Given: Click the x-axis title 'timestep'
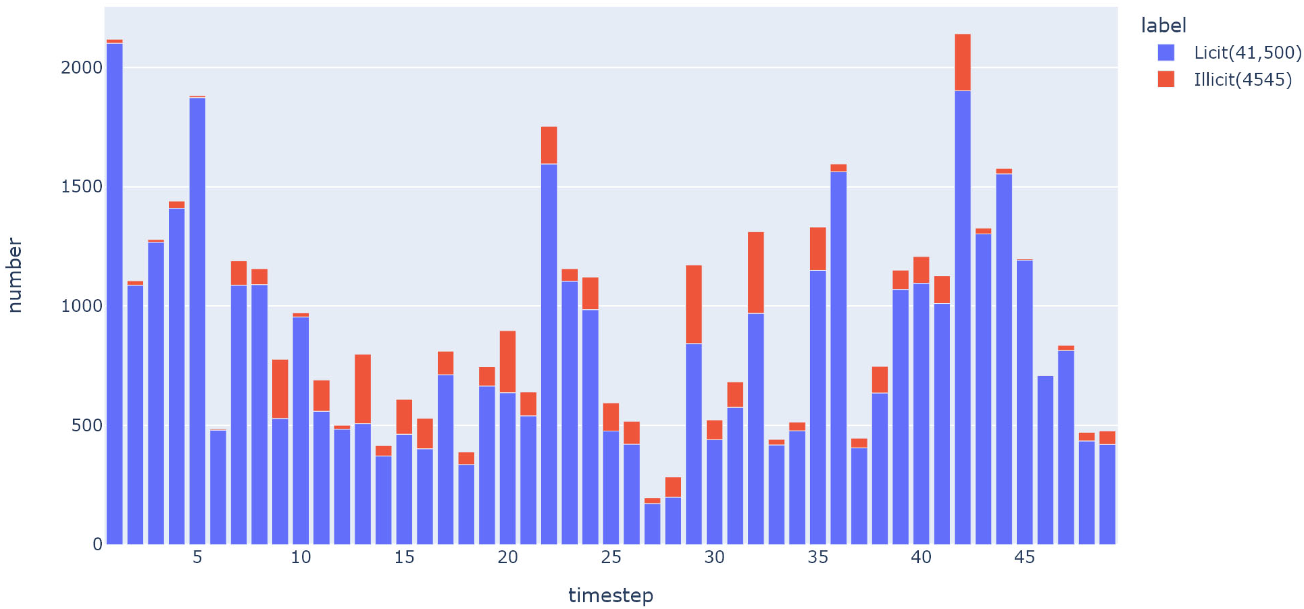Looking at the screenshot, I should pos(611,595).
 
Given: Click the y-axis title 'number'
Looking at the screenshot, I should pos(14,275).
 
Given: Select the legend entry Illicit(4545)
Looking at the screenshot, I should pos(1242,79).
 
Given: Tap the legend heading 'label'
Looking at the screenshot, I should pos(1163,25).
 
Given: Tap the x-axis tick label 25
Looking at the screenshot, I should pos(611,557).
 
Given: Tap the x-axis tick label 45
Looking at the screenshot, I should pos(1024,557).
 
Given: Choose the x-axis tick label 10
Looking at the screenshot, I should pos(301,557).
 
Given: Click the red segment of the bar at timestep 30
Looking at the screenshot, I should pos(714,430).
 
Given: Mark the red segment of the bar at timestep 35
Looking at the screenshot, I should pos(817,249).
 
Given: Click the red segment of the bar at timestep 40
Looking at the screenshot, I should pos(921,269).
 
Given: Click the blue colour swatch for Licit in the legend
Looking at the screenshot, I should pos(1166,53).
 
